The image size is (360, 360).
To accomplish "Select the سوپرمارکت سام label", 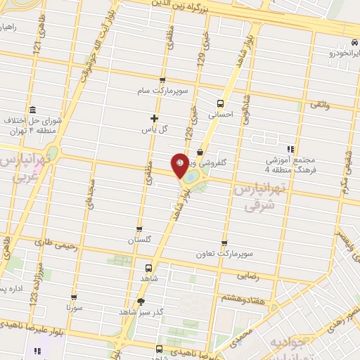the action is click(162, 91).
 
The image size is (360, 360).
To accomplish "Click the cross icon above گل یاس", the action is click(155, 118).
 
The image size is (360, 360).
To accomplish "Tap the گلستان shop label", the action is click(140, 240).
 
